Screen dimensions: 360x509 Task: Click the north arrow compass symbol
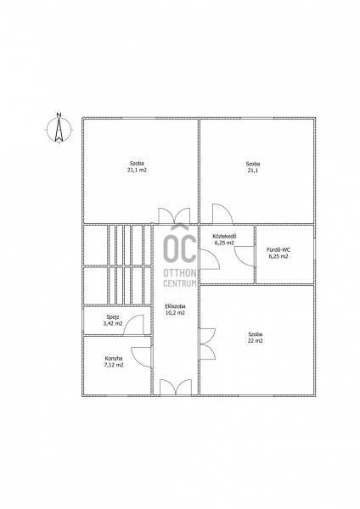click(59, 130)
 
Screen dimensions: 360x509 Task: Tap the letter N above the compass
click(59, 115)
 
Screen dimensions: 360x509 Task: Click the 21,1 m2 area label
click(137, 170)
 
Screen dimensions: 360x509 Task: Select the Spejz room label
click(113, 317)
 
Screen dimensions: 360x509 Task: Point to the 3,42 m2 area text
click(113, 324)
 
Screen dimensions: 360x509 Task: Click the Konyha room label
click(114, 358)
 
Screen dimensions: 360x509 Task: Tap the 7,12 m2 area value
click(114, 365)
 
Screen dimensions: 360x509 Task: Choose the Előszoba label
click(175, 306)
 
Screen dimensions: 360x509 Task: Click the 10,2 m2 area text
click(175, 313)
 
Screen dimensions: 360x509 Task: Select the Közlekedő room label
click(224, 236)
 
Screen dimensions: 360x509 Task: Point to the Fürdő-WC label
click(278, 249)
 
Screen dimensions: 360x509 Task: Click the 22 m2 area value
click(255, 341)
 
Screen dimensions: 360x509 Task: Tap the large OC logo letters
click(180, 245)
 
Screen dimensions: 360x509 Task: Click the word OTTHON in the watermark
click(180, 272)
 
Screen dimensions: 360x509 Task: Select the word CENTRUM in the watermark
click(180, 283)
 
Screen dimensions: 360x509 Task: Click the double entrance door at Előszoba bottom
click(176, 387)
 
